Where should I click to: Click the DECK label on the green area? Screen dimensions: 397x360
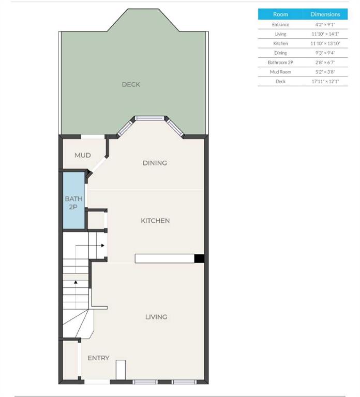point(131,84)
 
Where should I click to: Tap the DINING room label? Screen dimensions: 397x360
point(155,163)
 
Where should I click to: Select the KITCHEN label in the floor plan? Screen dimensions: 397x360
point(155,221)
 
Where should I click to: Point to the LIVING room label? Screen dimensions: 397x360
point(156,317)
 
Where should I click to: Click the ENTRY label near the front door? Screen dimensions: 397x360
point(98,358)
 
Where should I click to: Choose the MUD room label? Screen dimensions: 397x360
point(83,155)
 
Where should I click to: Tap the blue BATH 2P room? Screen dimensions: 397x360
point(73,202)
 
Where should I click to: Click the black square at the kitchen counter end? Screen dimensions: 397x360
point(199,259)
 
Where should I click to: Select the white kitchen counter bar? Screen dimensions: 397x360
point(164,259)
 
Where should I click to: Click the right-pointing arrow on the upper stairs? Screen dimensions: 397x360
point(103,246)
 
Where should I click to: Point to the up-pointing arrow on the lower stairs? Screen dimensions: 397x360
point(76,282)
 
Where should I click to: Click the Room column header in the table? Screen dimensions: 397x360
point(280,14)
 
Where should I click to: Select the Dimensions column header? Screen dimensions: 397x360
point(325,14)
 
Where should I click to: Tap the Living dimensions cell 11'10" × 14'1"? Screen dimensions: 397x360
point(325,34)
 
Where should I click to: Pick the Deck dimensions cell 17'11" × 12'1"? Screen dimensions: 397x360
point(325,81)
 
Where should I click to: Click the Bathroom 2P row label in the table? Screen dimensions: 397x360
point(280,62)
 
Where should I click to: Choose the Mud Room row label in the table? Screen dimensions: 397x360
point(280,72)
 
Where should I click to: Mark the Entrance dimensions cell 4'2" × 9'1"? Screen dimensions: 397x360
point(325,24)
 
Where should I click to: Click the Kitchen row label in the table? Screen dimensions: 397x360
point(280,43)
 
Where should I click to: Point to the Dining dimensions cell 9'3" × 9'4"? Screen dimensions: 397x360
point(325,53)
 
